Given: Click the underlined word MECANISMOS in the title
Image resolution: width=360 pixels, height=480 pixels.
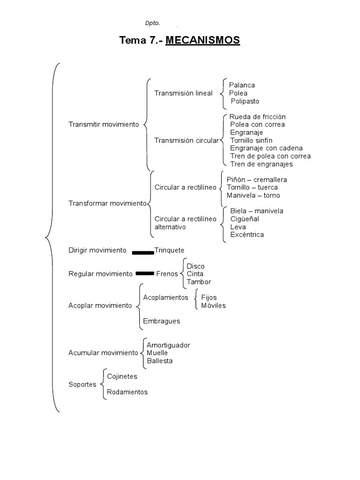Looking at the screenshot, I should [202, 41].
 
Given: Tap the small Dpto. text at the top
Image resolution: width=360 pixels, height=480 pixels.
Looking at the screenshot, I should [152, 23].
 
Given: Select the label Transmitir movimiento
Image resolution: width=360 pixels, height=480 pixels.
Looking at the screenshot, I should [104, 124].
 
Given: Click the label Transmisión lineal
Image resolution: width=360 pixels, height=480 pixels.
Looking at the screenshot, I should [183, 93].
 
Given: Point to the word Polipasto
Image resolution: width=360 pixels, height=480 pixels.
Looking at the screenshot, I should [245, 101].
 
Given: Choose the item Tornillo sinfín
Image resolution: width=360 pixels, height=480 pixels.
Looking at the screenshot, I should [251, 140].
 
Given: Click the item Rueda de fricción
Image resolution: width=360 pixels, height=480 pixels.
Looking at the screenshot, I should [257, 116].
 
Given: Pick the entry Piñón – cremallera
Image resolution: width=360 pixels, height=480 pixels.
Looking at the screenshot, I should [257, 180].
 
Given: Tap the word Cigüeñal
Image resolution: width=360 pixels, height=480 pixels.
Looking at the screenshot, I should [245, 219].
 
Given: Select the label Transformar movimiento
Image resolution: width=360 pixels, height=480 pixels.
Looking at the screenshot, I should [107, 203].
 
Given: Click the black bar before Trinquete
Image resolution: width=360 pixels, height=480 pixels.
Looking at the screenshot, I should [143, 252].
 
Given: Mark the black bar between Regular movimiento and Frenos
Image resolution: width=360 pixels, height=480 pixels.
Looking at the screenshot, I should [145, 273].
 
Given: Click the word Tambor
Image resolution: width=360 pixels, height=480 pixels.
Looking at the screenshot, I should [199, 282].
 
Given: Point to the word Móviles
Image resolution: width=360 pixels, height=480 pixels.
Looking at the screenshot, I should [213, 306].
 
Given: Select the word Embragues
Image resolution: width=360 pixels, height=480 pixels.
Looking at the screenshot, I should [162, 321].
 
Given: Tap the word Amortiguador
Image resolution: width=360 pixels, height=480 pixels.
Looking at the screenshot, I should [168, 345].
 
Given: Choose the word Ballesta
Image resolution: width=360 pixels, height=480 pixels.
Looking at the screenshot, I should [159, 361].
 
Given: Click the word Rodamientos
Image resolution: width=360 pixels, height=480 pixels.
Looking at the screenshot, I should [127, 392].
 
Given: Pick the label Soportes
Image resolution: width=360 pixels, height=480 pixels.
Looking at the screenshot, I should [82, 384].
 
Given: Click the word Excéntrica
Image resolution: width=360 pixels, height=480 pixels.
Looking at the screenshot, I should [247, 234].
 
